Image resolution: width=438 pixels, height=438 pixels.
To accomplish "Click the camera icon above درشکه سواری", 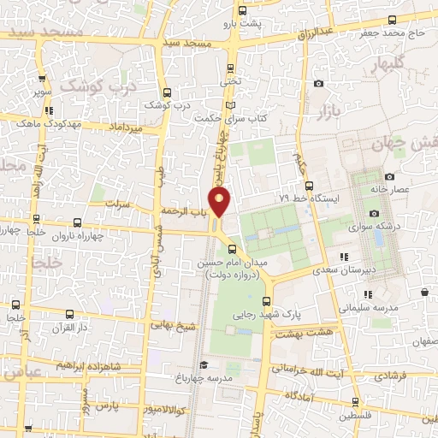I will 374,213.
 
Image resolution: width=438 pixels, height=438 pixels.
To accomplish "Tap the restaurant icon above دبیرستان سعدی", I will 343,257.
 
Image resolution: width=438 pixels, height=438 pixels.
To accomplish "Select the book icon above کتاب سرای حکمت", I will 228,105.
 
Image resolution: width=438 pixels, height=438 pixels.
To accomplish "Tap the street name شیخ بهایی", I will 170,324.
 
